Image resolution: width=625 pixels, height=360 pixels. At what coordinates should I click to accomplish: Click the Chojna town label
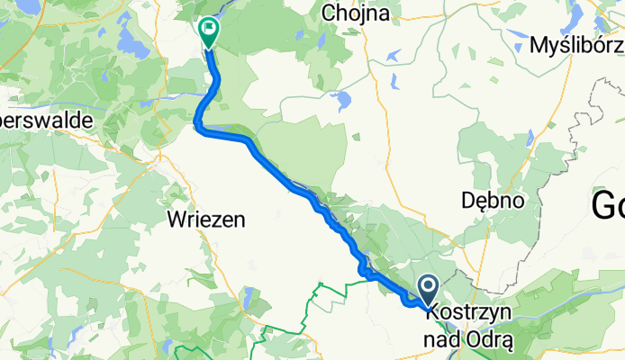tap(359, 13)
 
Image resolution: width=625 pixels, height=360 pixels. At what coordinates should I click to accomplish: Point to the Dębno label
tap(492, 201)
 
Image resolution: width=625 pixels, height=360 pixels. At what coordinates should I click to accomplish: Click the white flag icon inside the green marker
tap(209, 30)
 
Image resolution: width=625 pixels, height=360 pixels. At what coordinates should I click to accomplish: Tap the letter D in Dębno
tap(466, 201)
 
